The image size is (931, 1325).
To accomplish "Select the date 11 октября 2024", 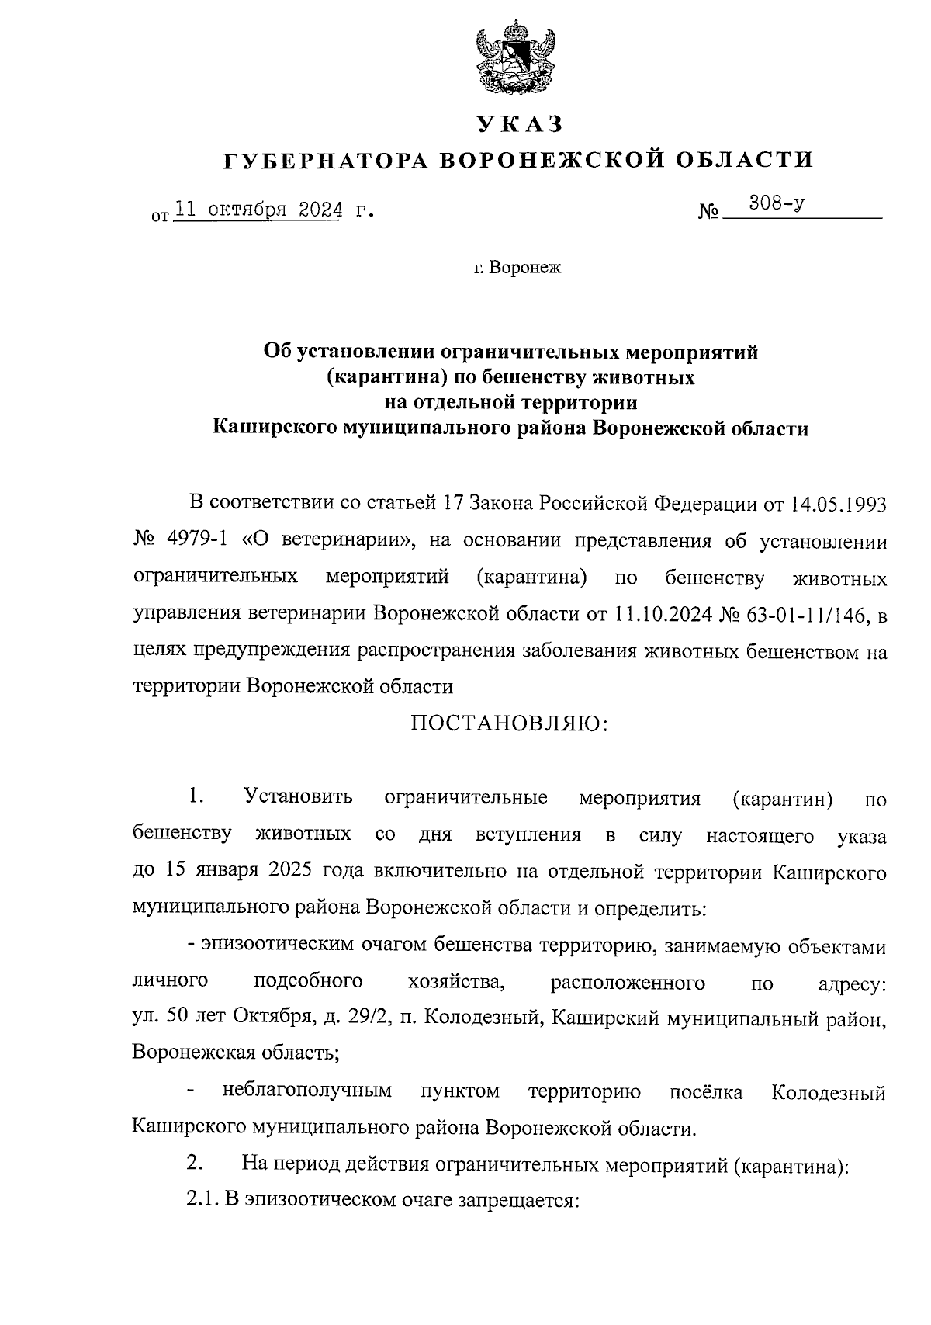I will [258, 210].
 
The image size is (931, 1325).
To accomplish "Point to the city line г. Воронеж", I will [517, 269].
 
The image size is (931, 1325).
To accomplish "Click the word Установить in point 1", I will [298, 797].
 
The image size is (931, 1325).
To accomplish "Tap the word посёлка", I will [706, 1093].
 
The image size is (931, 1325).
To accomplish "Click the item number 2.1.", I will [202, 1200].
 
